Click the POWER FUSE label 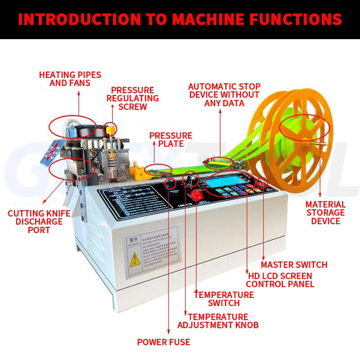tap(163, 342)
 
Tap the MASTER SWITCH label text tap(294, 265)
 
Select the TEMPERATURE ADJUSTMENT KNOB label tap(218, 321)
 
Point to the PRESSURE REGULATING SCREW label tap(133, 98)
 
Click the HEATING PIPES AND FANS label tap(70, 79)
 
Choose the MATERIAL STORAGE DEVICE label tap(325, 212)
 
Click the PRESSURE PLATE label tap(171, 139)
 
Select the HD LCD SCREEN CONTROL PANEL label tap(279, 280)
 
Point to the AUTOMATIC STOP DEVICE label tap(224, 94)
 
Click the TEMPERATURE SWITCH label tap(224, 299)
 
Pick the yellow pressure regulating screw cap tap(109, 129)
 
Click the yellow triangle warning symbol tap(135, 260)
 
